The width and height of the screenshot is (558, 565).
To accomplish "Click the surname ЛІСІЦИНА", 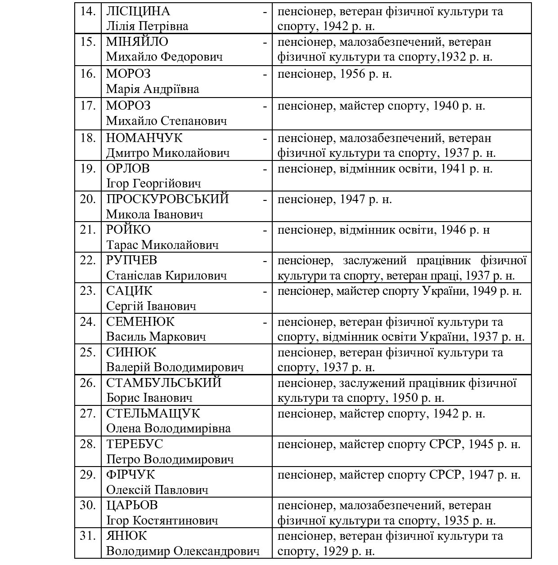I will click(x=138, y=11).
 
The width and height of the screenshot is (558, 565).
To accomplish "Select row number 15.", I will click(x=88, y=42).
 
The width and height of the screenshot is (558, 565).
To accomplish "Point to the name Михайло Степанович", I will click(x=166, y=121).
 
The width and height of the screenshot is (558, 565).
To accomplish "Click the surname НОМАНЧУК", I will click(x=144, y=138).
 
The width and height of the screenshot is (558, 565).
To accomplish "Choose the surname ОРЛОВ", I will click(x=128, y=169).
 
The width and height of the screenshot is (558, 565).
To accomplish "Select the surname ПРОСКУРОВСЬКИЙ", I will click(x=167, y=199).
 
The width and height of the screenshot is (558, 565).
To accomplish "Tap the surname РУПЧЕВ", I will click(x=131, y=260).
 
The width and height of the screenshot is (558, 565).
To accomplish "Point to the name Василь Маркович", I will click(x=156, y=337).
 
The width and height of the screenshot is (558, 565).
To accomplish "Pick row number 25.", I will click(x=88, y=352).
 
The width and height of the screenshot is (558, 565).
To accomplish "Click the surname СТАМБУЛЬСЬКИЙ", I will click(x=164, y=383).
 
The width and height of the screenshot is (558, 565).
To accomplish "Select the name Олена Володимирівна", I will click(x=168, y=428).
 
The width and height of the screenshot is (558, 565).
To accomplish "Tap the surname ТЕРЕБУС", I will click(x=135, y=444).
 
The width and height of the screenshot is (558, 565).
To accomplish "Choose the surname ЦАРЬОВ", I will click(x=132, y=505).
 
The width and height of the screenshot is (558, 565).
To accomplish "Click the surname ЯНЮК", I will click(x=126, y=536).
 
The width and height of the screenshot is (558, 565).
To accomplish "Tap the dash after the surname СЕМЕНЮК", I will click(x=265, y=322).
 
